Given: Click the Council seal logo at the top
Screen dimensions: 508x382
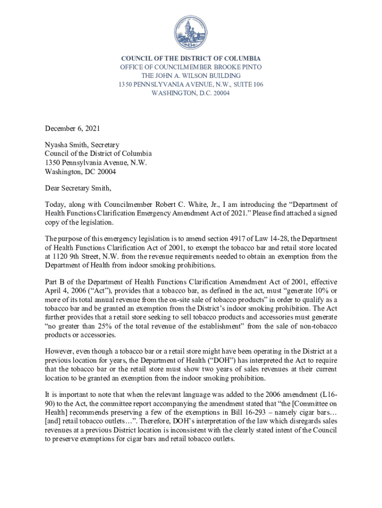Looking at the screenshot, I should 191,33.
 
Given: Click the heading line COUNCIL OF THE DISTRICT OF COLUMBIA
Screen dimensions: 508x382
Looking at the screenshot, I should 191,58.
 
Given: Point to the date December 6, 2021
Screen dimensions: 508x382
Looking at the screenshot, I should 72,128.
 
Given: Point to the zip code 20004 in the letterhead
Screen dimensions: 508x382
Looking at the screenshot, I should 221,93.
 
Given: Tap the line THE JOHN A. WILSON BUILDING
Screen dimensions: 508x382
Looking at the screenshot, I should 191,75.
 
